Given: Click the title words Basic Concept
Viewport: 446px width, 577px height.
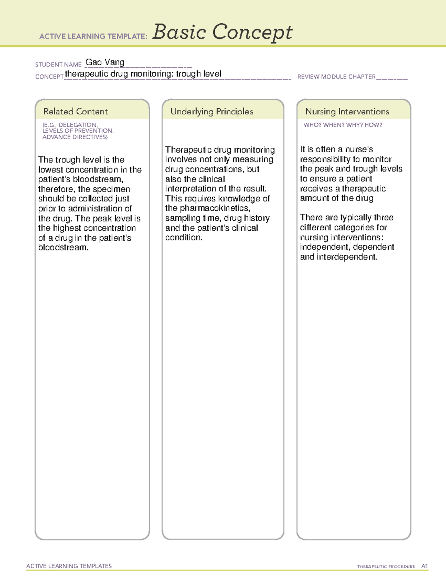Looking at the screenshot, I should tap(222, 32).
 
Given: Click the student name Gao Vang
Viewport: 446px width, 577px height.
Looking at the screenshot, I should tap(105, 62).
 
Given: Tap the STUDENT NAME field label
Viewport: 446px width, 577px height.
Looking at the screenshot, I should tap(58, 65).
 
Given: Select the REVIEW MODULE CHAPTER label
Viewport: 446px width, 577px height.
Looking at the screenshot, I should tap(336, 77).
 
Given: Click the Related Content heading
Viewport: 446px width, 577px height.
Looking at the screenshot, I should tap(75, 111).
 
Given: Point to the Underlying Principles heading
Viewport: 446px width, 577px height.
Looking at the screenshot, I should tap(211, 111).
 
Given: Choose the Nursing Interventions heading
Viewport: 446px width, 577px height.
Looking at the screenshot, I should tap(347, 111).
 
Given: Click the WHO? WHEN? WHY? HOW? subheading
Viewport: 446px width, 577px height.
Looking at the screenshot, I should tap(343, 125).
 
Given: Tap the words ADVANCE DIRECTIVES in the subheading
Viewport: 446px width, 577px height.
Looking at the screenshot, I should tap(75, 137).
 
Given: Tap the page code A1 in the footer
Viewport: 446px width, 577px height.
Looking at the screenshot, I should tap(424, 566).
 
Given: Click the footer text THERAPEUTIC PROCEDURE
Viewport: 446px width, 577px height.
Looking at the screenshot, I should tap(386, 567).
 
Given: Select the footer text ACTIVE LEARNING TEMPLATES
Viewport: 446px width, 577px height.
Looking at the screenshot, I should tap(69, 566).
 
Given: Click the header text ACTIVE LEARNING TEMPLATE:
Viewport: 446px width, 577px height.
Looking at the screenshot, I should tap(93, 36).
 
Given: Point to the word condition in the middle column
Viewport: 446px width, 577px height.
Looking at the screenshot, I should tap(184, 237).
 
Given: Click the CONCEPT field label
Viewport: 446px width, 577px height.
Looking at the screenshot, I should tap(49, 77).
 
